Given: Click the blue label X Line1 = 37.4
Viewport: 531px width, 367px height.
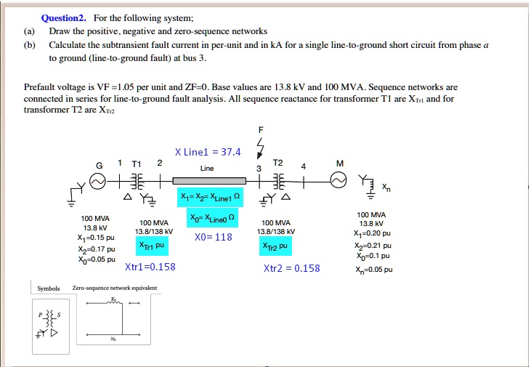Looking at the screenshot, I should [208, 152].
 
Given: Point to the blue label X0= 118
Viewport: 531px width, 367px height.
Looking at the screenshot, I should [214, 237].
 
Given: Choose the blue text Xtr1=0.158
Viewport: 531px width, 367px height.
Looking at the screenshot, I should [150, 267].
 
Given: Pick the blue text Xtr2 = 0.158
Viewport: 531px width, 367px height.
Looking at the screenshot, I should [291, 267].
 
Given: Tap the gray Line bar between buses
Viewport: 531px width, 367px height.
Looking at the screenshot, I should [207, 180].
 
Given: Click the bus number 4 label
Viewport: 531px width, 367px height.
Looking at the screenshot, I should [305, 167].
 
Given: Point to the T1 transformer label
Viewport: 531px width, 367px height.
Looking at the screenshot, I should [137, 164].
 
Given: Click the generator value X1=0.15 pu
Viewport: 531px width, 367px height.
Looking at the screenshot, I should [95, 237].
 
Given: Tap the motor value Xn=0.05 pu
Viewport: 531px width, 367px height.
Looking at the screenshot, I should [374, 269].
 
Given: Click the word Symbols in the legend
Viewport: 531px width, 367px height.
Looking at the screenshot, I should [49, 289].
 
